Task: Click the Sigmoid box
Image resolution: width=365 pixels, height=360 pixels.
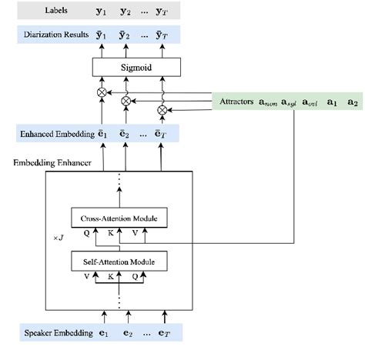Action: pyautogui.click(x=136, y=68)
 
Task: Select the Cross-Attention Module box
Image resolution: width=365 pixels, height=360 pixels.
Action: pyautogui.click(x=119, y=218)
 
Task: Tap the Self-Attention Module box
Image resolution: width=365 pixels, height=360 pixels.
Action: pyautogui.click(x=119, y=262)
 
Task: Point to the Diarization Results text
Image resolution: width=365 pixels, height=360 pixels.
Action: pyautogui.click(x=53, y=35)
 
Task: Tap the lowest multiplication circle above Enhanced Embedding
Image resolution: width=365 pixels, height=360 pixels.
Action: pyautogui.click(x=161, y=110)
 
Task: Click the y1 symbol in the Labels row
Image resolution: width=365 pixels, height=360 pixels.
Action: pyautogui.click(x=99, y=10)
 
